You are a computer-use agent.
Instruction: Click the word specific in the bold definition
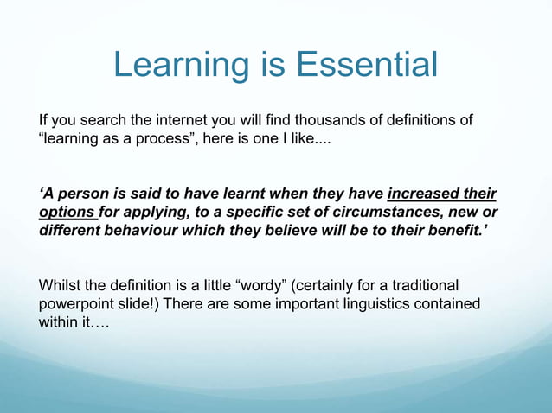click(246, 212)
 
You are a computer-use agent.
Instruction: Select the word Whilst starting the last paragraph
click(61, 285)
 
